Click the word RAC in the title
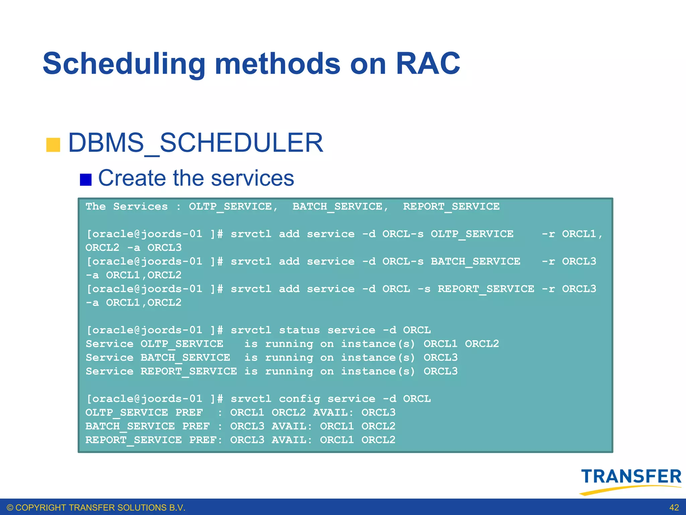point(428,64)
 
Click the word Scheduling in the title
point(124,64)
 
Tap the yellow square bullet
point(53,145)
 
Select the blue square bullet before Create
point(86,180)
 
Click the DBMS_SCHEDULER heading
point(196,143)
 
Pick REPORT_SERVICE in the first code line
point(451,207)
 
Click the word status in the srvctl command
point(299,330)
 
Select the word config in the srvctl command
point(299,399)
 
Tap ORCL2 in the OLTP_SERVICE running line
point(482,344)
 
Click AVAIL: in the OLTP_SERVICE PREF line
point(333,412)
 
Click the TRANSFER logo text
point(631,476)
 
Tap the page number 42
point(674,508)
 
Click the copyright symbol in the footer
point(10,508)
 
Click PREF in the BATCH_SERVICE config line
point(196,426)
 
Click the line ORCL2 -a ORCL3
point(133,248)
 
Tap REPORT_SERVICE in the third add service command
point(486,289)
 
